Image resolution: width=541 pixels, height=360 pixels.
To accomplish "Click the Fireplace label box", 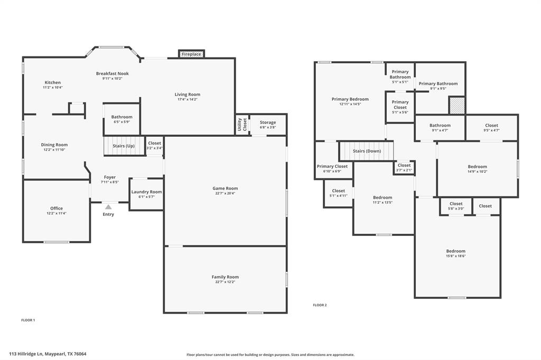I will pyautogui.click(x=191, y=54).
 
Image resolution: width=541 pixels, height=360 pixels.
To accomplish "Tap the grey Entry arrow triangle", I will pyautogui.click(x=108, y=207).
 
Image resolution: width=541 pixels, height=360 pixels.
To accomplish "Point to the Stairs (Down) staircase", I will pyautogui.click(x=366, y=151).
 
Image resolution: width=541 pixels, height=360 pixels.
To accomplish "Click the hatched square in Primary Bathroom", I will pyautogui.click(x=456, y=105).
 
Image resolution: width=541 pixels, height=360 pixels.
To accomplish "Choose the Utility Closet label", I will pyautogui.click(x=242, y=125).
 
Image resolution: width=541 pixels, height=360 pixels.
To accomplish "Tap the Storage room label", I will pyautogui.click(x=268, y=122).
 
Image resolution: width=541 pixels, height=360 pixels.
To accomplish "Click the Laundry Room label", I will pyautogui.click(x=146, y=192).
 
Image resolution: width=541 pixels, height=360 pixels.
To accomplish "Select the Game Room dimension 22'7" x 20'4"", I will pyautogui.click(x=225, y=193).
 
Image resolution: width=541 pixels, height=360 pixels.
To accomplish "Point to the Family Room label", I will pyautogui.click(x=225, y=277).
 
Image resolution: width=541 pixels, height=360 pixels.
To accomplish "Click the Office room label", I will pyautogui.click(x=56, y=209).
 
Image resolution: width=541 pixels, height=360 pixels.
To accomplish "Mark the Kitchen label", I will pyautogui.click(x=52, y=82).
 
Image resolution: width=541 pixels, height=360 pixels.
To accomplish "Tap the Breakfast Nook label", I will pyautogui.click(x=112, y=73).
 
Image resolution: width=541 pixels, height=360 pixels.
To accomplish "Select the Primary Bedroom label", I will pyautogui.click(x=350, y=99).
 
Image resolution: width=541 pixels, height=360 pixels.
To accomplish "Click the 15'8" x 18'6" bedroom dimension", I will pyautogui.click(x=455, y=256).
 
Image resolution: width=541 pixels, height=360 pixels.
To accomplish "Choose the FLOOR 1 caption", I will pyautogui.click(x=28, y=320).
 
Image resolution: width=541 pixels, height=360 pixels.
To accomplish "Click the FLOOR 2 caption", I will pyautogui.click(x=320, y=305).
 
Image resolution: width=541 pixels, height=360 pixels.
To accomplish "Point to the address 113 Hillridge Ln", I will pyautogui.click(x=48, y=354).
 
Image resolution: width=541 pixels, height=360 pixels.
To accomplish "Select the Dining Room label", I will pyautogui.click(x=54, y=145).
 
